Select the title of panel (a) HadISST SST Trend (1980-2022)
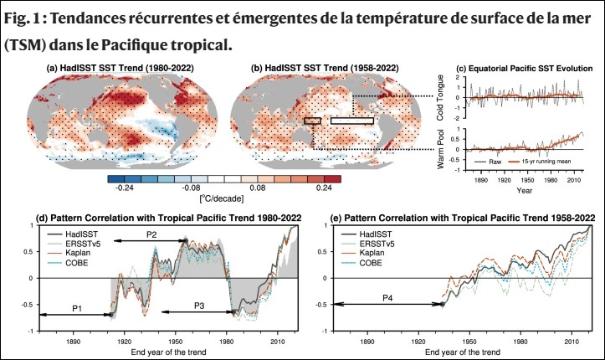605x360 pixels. pyautogui.click(x=117, y=67)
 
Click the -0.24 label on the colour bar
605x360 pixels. pyautogui.click(x=123, y=189)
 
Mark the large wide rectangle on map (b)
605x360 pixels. pyautogui.click(x=351, y=121)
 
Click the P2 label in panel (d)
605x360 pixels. pyautogui.click(x=151, y=234)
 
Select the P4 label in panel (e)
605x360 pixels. pyautogui.click(x=387, y=297)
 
